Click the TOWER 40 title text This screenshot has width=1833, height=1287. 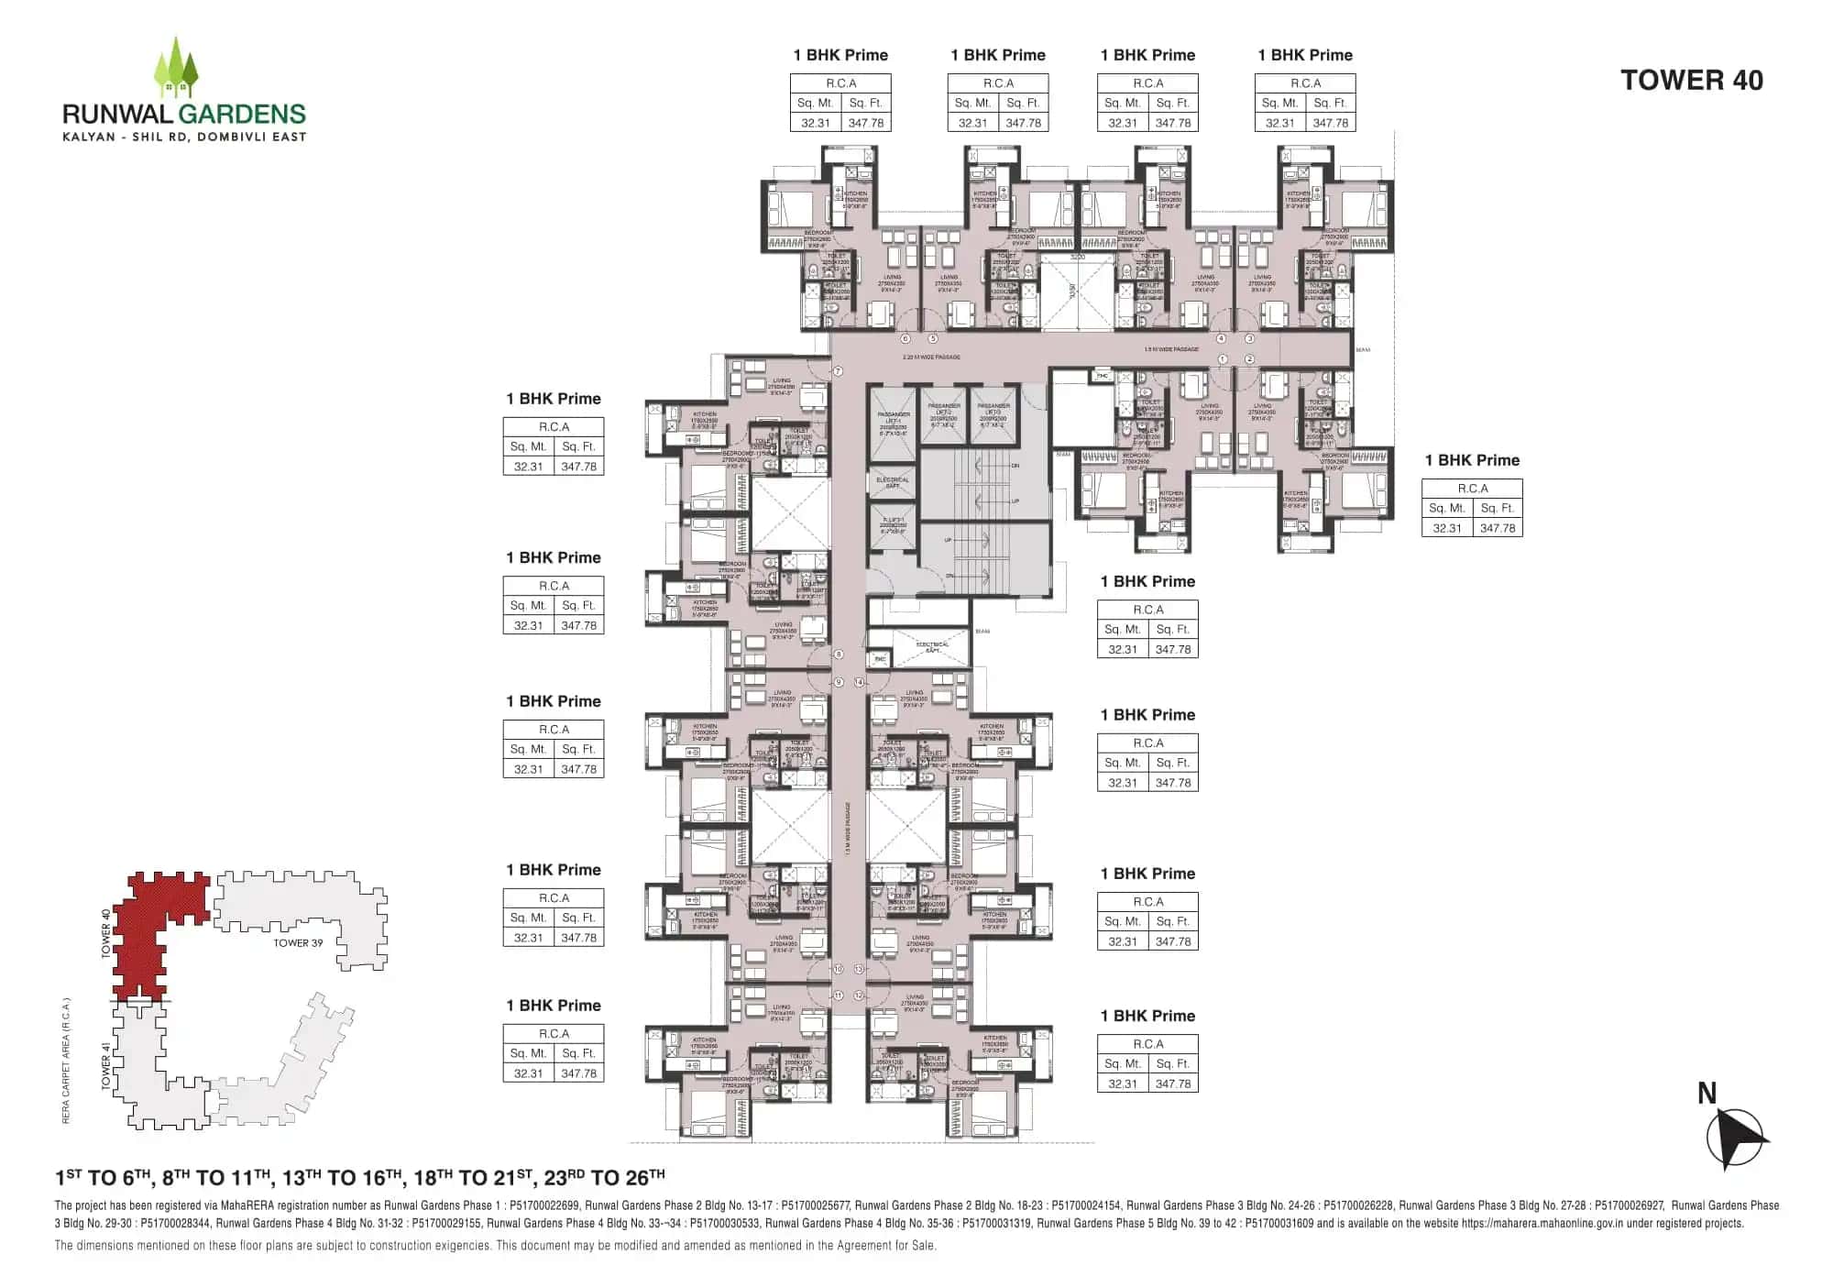tap(1691, 81)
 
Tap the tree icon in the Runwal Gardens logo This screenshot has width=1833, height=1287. tap(176, 68)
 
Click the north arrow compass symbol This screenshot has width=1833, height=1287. tap(1734, 1138)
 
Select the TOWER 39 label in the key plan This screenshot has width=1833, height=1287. tap(298, 942)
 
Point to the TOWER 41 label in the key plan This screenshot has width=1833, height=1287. tap(106, 1066)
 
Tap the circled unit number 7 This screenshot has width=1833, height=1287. tap(838, 371)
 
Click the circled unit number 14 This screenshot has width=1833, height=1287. tap(859, 682)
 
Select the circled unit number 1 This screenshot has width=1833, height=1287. tap(1223, 359)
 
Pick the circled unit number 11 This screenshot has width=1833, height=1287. tap(838, 995)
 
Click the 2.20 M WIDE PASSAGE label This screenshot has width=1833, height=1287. tap(931, 357)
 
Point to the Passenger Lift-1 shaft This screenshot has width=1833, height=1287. tap(893, 423)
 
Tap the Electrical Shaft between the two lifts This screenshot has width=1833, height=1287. tap(892, 481)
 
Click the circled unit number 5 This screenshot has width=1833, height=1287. tap(933, 338)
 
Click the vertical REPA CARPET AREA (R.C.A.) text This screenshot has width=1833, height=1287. tap(66, 1060)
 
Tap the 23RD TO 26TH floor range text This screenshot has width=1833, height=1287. tap(604, 1177)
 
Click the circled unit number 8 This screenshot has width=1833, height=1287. tap(838, 654)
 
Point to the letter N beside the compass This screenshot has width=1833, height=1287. tap(1707, 1093)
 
